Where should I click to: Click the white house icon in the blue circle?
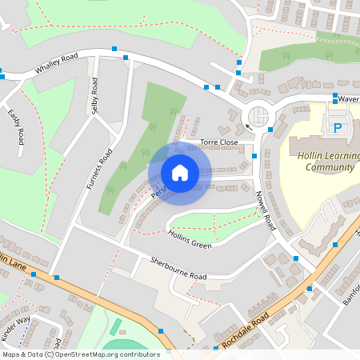(180, 173)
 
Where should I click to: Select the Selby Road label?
(95, 96)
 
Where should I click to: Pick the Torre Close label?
(218, 142)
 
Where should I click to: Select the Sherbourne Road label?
(178, 269)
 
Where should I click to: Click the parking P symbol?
(337, 127)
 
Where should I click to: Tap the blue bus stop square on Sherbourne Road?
(57, 277)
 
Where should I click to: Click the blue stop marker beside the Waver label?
(335, 96)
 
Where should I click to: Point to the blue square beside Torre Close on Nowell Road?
(254, 156)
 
